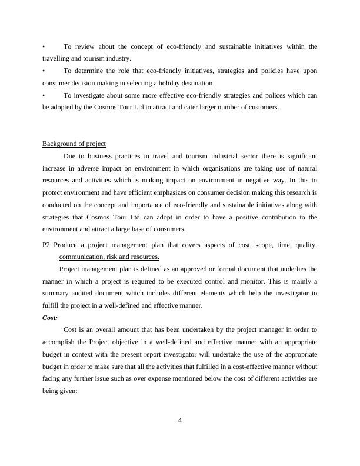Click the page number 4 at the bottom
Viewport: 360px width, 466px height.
click(180, 420)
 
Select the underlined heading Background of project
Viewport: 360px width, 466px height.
click(74, 144)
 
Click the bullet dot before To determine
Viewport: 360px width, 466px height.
click(44, 71)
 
